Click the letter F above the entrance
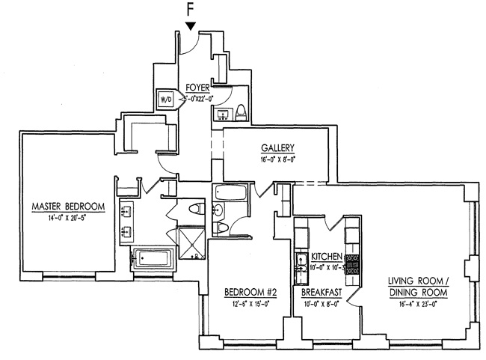[x=191, y=10]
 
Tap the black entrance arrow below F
[x=191, y=27]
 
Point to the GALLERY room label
[x=277, y=147]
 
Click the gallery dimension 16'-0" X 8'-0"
[x=277, y=159]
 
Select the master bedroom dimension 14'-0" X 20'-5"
[x=67, y=218]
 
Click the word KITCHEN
[x=327, y=256]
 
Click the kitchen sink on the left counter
[x=300, y=263]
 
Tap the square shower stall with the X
[x=191, y=241]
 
